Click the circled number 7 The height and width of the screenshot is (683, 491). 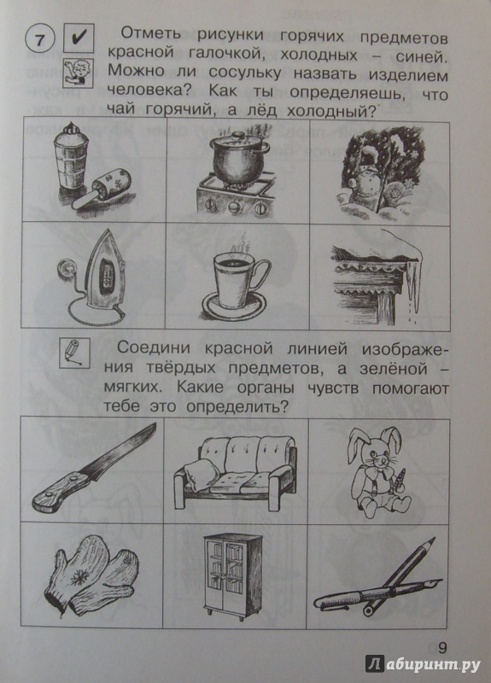40,40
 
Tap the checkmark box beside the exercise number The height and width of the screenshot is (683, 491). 79,38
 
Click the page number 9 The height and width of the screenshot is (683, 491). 442,648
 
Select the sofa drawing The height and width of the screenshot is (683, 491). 236,473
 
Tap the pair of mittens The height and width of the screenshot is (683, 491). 91,575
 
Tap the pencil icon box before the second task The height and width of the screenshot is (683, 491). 74,353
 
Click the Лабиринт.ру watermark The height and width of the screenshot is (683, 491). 423,664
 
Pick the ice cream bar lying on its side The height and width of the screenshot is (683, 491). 101,190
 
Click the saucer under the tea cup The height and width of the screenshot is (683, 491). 234,307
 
